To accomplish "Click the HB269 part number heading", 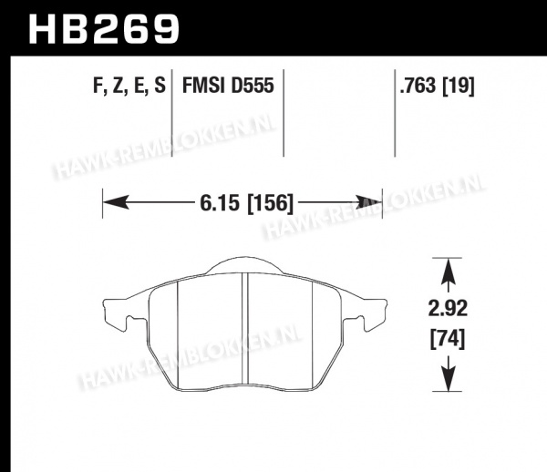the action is click(104, 29).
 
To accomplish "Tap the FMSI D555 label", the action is click(228, 86).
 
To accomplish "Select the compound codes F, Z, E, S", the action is click(129, 86).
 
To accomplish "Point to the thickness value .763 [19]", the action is click(437, 86).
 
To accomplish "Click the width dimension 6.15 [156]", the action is click(247, 203).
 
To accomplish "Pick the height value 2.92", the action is click(448, 309).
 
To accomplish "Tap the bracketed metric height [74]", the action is click(448, 339).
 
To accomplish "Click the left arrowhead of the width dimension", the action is click(116, 202).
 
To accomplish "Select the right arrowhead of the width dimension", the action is click(369, 202).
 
